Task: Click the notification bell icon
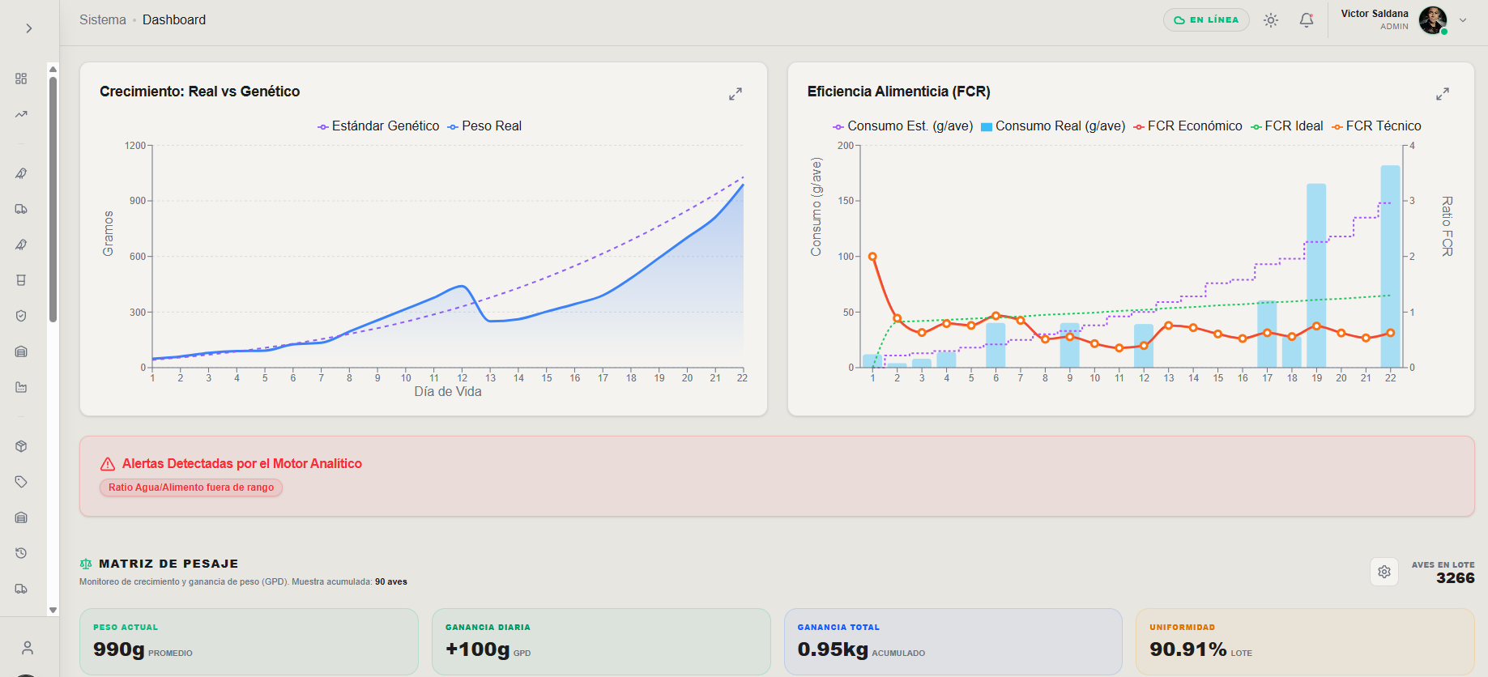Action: coord(1307,20)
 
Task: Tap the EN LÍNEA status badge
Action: coord(1206,20)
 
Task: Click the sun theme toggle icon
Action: coord(1271,20)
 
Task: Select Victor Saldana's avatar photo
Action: coord(1433,20)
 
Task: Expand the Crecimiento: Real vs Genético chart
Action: coord(735,94)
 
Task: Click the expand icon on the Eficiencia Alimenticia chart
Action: coord(1443,94)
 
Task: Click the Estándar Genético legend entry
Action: coord(378,126)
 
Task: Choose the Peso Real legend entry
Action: coord(485,126)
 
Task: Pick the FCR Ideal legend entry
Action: coord(1287,126)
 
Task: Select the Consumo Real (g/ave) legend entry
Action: coord(1053,126)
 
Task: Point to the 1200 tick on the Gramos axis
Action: coord(135,146)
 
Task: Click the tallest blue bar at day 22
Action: coord(1390,266)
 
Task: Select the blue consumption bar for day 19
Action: coord(1316,275)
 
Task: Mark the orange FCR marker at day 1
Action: coord(872,257)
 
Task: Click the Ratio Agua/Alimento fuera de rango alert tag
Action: coord(191,488)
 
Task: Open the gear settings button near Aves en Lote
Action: coord(1384,572)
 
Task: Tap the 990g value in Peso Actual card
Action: coord(119,649)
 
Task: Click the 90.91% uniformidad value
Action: coord(1188,649)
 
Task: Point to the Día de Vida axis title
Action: coord(448,392)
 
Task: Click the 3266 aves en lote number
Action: coord(1456,578)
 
